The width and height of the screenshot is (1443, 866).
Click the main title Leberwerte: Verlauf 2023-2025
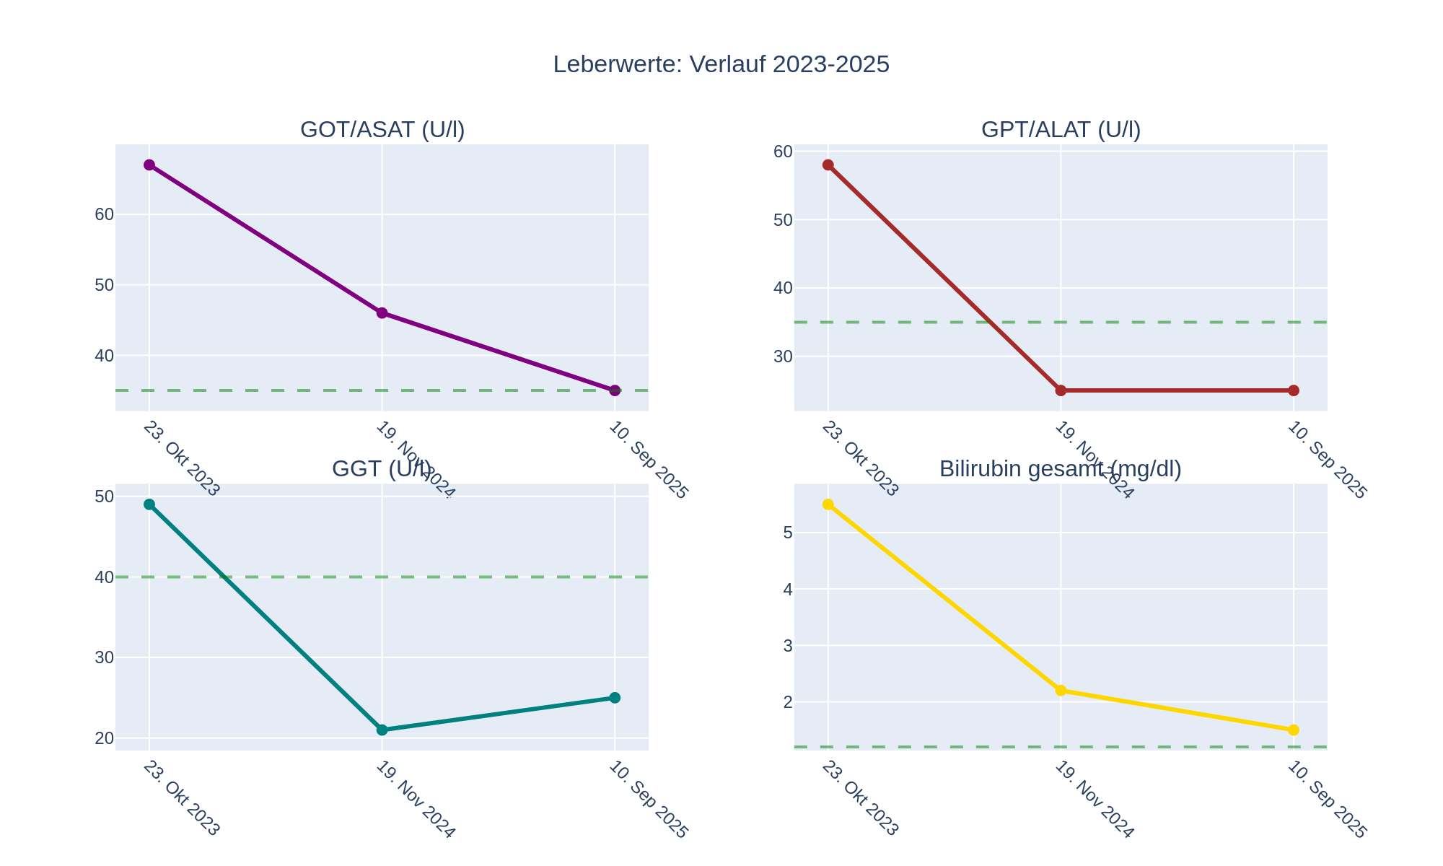(721, 64)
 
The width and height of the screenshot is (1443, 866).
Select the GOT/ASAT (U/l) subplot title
(382, 130)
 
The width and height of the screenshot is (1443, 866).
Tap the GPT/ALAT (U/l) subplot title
(1061, 130)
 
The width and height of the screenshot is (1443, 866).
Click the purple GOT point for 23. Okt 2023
(149, 165)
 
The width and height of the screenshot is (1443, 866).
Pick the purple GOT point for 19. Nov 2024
(382, 313)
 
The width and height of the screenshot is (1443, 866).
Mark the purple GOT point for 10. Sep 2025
(615, 390)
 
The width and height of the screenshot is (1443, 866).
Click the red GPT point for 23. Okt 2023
(828, 165)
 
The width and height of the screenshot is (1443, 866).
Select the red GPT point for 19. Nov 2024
(1061, 390)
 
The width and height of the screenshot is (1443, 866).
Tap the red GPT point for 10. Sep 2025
(1294, 390)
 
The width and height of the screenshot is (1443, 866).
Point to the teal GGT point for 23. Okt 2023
(149, 504)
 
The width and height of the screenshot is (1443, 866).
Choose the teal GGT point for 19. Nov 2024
(382, 730)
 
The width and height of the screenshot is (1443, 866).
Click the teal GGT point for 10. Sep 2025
(615, 698)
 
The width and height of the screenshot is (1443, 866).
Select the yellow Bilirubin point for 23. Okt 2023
(828, 504)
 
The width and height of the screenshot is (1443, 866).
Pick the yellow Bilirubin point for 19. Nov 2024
(1061, 691)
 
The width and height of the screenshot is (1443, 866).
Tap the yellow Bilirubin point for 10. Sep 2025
(1294, 730)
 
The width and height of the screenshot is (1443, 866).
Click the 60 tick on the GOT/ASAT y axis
(105, 214)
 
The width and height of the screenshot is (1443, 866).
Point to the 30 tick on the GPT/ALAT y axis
(784, 357)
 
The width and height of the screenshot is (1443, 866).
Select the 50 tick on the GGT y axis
(105, 497)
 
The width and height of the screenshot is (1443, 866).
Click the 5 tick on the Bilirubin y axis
(787, 533)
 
